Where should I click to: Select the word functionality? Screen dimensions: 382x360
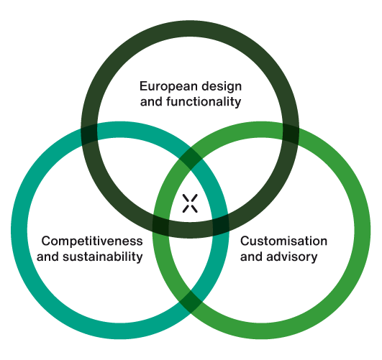click(x=204, y=101)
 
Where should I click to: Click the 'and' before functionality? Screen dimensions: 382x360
click(x=151, y=102)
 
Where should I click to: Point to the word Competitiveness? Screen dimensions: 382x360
click(x=92, y=241)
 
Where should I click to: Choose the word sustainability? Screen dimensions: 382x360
click(x=103, y=257)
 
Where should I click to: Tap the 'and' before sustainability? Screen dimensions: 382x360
click(x=47, y=257)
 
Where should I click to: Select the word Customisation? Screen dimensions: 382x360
click(x=283, y=241)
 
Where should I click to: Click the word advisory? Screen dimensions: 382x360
click(x=292, y=257)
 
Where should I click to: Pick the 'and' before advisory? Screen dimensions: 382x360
click(x=251, y=257)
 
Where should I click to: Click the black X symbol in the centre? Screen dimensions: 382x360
click(x=190, y=203)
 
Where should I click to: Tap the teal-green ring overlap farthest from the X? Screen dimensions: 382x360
click(x=191, y=302)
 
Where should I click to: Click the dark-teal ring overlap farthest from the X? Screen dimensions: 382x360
click(x=89, y=134)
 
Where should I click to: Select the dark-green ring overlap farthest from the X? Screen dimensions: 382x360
click(x=291, y=134)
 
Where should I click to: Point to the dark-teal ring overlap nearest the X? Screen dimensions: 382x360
click(x=221, y=224)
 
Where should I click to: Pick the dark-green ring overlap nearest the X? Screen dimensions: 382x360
click(x=160, y=225)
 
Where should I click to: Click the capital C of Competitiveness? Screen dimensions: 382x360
click(x=46, y=241)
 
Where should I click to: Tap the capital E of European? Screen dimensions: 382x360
click(x=144, y=86)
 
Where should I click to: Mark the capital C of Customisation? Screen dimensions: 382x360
click(x=245, y=241)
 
